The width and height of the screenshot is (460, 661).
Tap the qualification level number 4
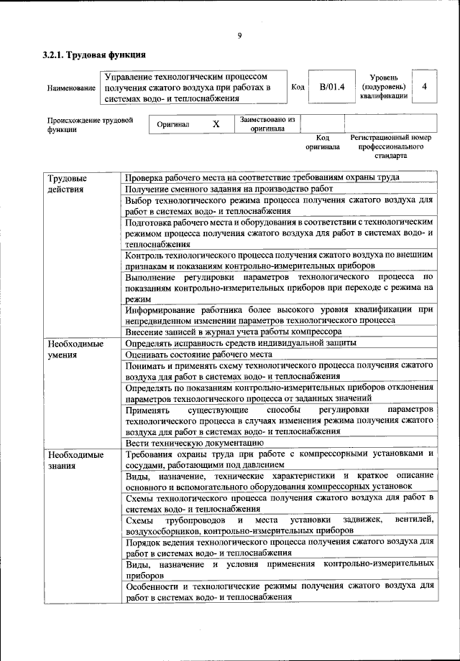tap(425, 87)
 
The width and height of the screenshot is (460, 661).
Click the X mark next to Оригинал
tap(216, 124)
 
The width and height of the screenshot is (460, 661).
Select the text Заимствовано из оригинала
tap(267, 124)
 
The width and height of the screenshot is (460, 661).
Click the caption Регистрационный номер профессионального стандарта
tap(390, 146)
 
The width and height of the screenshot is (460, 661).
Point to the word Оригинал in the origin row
tap(173, 124)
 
